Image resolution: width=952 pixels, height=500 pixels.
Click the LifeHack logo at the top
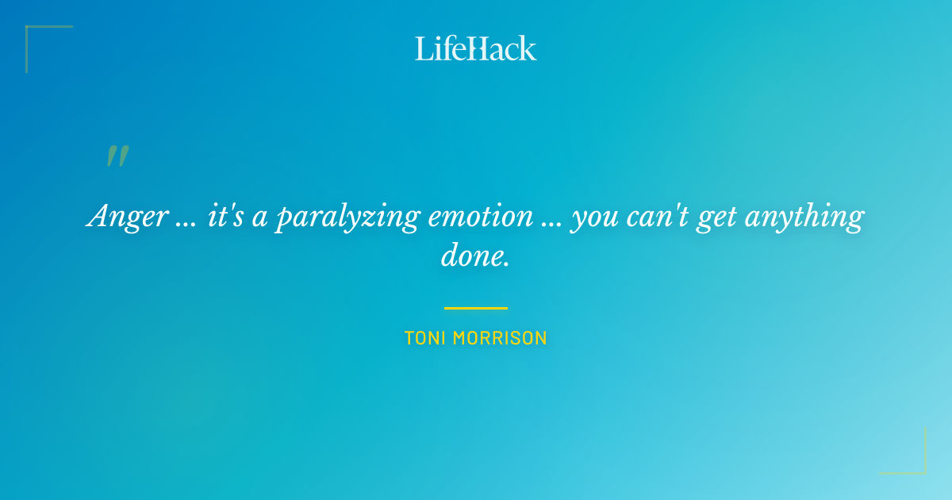click(476, 48)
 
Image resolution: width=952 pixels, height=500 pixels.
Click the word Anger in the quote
click(127, 217)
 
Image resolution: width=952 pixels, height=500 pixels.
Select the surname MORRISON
click(504, 338)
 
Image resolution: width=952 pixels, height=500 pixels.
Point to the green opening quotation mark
click(117, 156)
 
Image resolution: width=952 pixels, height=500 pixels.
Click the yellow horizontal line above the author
click(476, 308)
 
